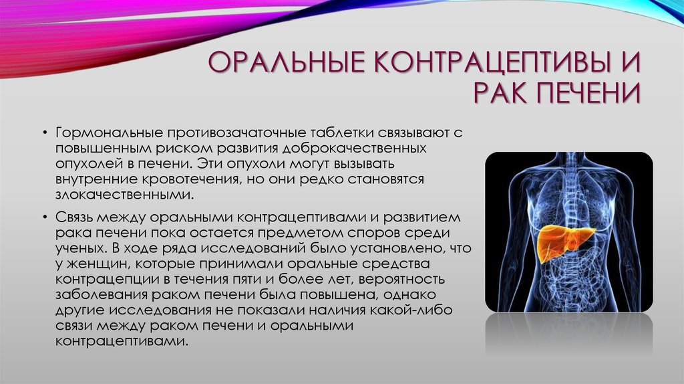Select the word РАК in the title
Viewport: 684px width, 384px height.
[x=500, y=94]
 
